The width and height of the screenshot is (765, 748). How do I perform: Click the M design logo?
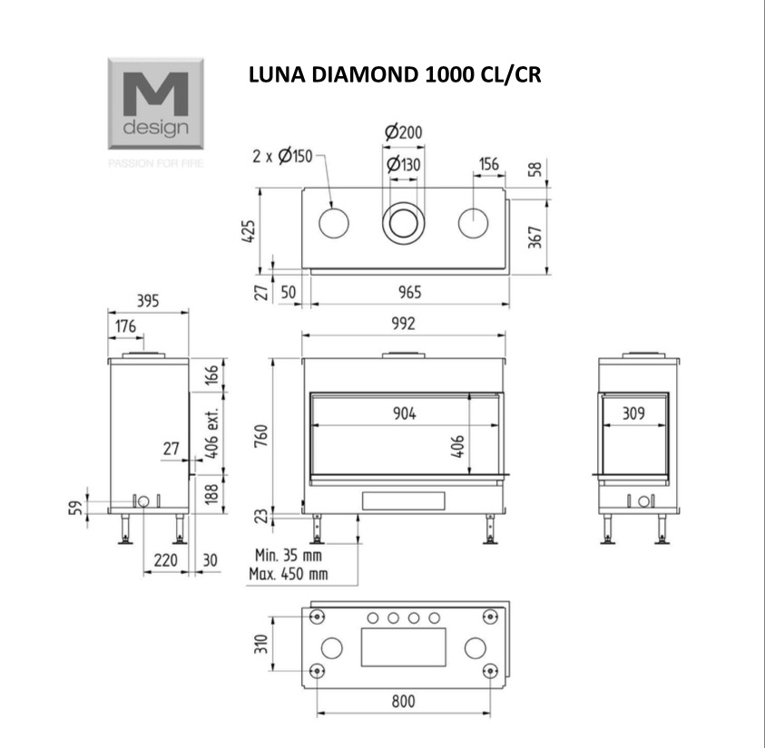156,103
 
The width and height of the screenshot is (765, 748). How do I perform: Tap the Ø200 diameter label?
404,132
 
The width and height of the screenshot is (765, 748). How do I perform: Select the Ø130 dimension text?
404,164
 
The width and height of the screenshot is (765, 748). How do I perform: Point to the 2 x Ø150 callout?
282,156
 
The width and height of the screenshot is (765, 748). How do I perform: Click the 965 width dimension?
410,292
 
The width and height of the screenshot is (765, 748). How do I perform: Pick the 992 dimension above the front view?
404,324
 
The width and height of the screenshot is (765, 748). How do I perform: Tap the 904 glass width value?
405,413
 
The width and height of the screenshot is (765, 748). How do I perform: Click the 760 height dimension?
261,436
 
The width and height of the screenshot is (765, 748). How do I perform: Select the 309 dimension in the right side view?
633,413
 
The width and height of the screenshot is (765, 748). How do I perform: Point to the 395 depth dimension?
148,301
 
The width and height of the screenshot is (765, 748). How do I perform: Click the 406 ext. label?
211,432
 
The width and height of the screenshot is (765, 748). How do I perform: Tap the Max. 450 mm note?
289,574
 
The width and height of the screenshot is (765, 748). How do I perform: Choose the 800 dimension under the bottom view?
404,702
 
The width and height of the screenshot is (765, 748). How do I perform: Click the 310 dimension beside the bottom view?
261,644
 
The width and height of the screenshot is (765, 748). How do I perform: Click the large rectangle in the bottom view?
404,647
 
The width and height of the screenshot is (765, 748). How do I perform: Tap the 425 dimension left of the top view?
249,231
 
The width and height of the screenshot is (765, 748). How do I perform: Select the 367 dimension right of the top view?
535,237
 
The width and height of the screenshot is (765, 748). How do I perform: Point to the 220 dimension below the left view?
166,560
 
